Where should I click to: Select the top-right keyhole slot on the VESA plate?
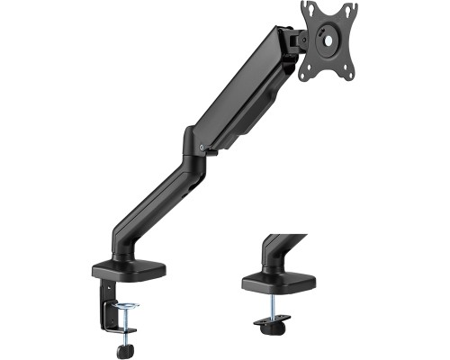pos(346,9)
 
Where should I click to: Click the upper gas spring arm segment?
pos(243,90)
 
